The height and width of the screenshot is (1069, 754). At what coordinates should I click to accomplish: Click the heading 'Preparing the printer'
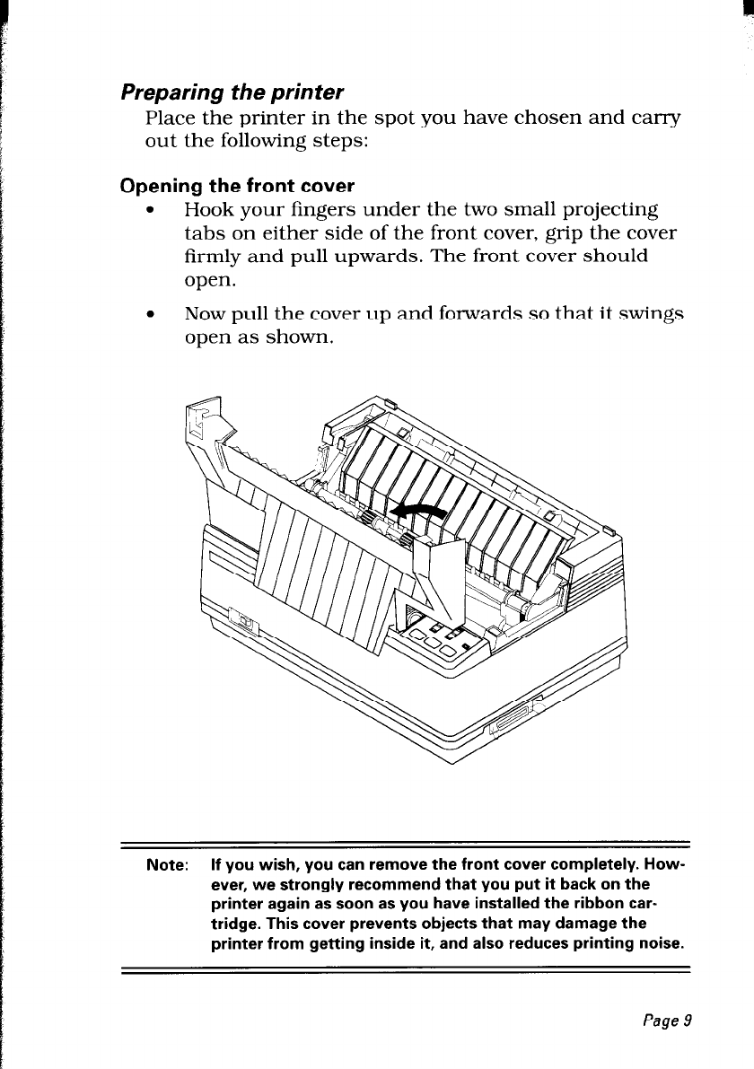pos(232,92)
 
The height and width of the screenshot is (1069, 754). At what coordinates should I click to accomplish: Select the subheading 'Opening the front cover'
pos(238,187)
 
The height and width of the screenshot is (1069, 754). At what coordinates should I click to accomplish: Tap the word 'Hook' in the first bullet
pos(206,210)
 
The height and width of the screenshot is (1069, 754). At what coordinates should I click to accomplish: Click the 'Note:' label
pos(167,867)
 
